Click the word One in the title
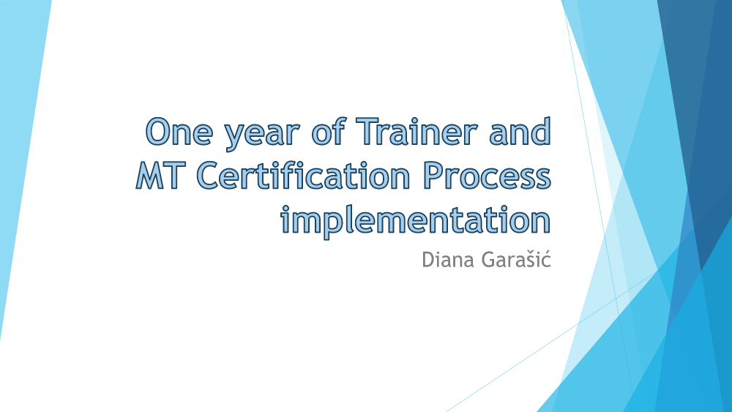(x=179, y=131)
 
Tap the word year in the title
(x=261, y=136)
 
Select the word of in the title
(x=329, y=130)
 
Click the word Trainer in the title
(x=417, y=130)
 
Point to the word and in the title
(x=520, y=130)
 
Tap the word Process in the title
(x=487, y=176)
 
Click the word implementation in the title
(x=416, y=221)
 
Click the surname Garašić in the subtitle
(x=516, y=260)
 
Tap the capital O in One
(x=157, y=131)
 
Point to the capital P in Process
(x=433, y=176)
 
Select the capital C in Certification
(x=208, y=176)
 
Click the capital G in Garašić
(x=489, y=260)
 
